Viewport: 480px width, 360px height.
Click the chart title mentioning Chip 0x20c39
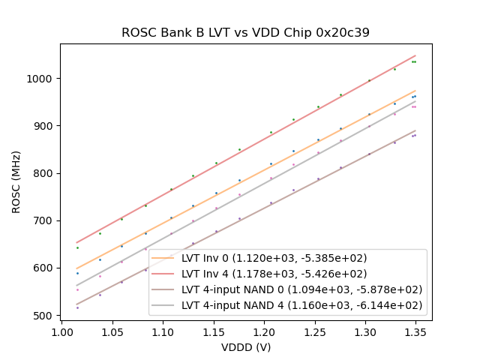click(x=245, y=33)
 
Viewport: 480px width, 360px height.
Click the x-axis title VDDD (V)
click(x=245, y=347)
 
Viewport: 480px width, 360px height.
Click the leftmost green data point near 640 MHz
click(x=77, y=247)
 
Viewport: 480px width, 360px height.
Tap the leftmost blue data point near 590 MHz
click(x=77, y=273)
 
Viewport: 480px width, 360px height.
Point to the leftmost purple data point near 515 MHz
click(x=77, y=307)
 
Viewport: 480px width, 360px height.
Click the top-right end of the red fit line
click(x=415, y=55)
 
